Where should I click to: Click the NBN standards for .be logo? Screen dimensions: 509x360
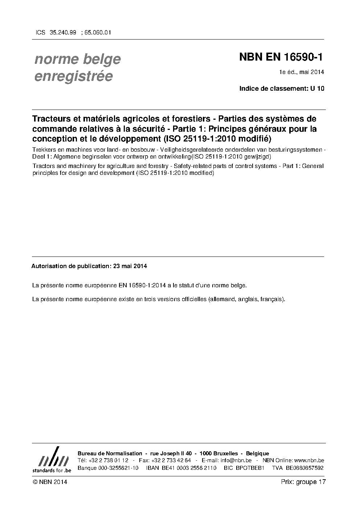coord(52,460)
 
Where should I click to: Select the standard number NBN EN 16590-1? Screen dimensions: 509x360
coord(281,57)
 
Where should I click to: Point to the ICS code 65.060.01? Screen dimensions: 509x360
coord(98,32)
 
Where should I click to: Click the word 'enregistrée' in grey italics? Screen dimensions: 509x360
coord(73,77)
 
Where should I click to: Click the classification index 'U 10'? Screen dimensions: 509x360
coord(317,89)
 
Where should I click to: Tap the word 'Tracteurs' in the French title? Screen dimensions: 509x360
coord(50,119)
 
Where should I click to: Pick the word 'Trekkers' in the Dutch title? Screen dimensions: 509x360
coord(43,150)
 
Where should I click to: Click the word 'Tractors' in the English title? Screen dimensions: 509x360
coord(42,166)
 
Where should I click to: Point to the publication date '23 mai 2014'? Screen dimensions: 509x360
coord(130,266)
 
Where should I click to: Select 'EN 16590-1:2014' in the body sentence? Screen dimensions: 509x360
coord(143,285)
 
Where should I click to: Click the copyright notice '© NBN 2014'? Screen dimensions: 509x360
coord(50,482)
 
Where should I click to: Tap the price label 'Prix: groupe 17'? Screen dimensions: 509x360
coord(303,482)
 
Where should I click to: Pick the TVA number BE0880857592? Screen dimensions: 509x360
coord(304,468)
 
